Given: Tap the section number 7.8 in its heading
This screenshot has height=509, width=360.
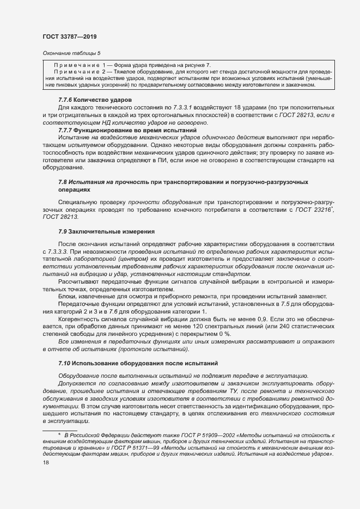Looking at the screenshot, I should point(63,181).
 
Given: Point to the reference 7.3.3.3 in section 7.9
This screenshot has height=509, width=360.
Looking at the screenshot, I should point(56,252).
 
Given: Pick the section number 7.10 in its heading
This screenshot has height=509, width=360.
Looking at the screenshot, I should point(65,363).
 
